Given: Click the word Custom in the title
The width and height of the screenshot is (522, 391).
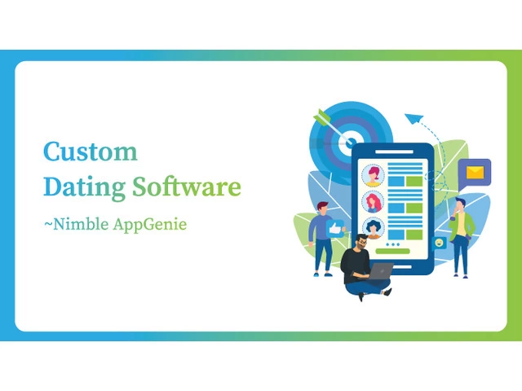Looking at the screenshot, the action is pyautogui.click(x=91, y=152).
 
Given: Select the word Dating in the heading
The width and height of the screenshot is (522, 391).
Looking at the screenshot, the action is pyautogui.click(x=85, y=187).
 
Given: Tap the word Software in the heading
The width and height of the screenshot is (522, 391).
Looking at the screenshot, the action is pyautogui.click(x=187, y=187).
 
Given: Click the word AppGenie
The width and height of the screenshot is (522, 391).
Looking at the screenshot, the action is pyautogui.click(x=150, y=225).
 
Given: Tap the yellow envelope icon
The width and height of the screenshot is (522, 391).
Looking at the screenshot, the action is pyautogui.click(x=475, y=172).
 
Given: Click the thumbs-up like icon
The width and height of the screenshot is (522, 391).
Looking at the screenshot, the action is pyautogui.click(x=335, y=229).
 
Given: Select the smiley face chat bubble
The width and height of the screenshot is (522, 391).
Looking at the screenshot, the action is pyautogui.click(x=439, y=244).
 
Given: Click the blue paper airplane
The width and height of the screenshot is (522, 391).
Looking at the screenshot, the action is pyautogui.click(x=414, y=118).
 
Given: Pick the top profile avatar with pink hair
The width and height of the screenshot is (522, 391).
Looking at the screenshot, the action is pyautogui.click(x=373, y=175).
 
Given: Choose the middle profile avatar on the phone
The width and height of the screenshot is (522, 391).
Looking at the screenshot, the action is pyautogui.click(x=373, y=202).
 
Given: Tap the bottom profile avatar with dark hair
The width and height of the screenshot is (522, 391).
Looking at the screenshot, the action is pyautogui.click(x=373, y=228).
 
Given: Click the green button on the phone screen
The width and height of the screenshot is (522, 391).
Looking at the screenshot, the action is pyautogui.click(x=392, y=251).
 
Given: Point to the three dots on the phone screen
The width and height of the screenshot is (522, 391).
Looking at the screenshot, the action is pyautogui.click(x=393, y=244).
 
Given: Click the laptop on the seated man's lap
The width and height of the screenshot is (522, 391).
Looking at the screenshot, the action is pyautogui.click(x=380, y=271).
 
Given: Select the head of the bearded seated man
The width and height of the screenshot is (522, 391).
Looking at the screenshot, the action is pyautogui.click(x=361, y=242).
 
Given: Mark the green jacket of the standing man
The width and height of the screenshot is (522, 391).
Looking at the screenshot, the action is pyautogui.click(x=463, y=225).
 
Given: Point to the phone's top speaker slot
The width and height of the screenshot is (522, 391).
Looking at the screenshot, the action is pyautogui.click(x=395, y=152).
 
